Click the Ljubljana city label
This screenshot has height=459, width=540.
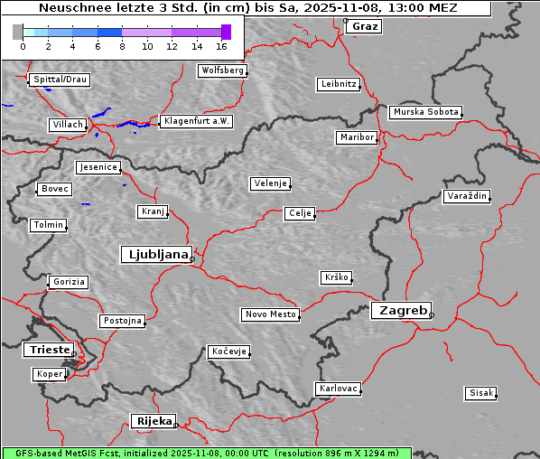(x=155, y=254)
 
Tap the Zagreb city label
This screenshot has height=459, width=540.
(x=400, y=310)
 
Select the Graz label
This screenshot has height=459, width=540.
(x=365, y=26)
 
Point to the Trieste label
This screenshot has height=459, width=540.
(x=47, y=350)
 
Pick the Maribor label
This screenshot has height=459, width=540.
(x=356, y=137)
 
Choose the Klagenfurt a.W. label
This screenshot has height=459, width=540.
(x=196, y=121)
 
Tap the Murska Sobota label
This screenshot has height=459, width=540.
(x=425, y=113)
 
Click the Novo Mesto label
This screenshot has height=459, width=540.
(x=270, y=314)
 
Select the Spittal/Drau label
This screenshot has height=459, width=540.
(x=60, y=80)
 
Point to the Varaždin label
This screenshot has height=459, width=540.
(x=467, y=196)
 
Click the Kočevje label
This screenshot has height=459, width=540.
(x=228, y=351)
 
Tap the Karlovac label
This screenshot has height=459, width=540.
(x=339, y=389)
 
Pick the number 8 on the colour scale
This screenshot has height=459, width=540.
(x=122, y=46)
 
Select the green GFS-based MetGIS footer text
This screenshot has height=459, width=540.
(x=206, y=453)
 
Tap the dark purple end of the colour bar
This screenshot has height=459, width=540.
(x=226, y=32)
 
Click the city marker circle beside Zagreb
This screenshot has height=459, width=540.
(x=432, y=315)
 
